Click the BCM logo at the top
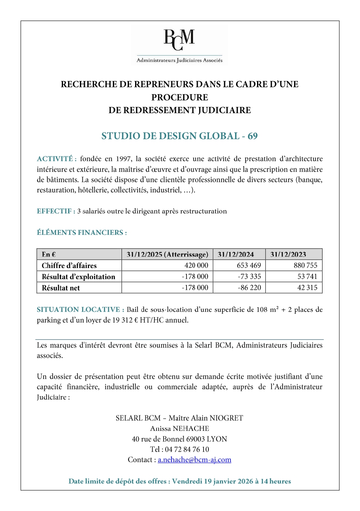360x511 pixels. [x=179, y=44]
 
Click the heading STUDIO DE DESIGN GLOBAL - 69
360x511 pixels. [x=180, y=136]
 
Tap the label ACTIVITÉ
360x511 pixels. [x=57, y=159]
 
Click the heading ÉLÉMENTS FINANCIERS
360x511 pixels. [x=82, y=233]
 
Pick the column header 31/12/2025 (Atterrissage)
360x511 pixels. [x=167, y=254]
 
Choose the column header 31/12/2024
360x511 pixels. [x=236, y=254]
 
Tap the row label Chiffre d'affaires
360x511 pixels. [x=69, y=266]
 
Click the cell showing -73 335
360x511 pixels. [x=249, y=277]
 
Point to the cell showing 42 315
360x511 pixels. [x=307, y=288]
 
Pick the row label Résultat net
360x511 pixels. [x=61, y=288]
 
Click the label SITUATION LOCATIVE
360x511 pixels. [x=80, y=310]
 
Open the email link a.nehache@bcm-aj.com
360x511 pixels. [x=194, y=460]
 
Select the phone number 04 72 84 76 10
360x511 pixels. [x=187, y=449]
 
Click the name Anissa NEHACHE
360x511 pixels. [x=180, y=429]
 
